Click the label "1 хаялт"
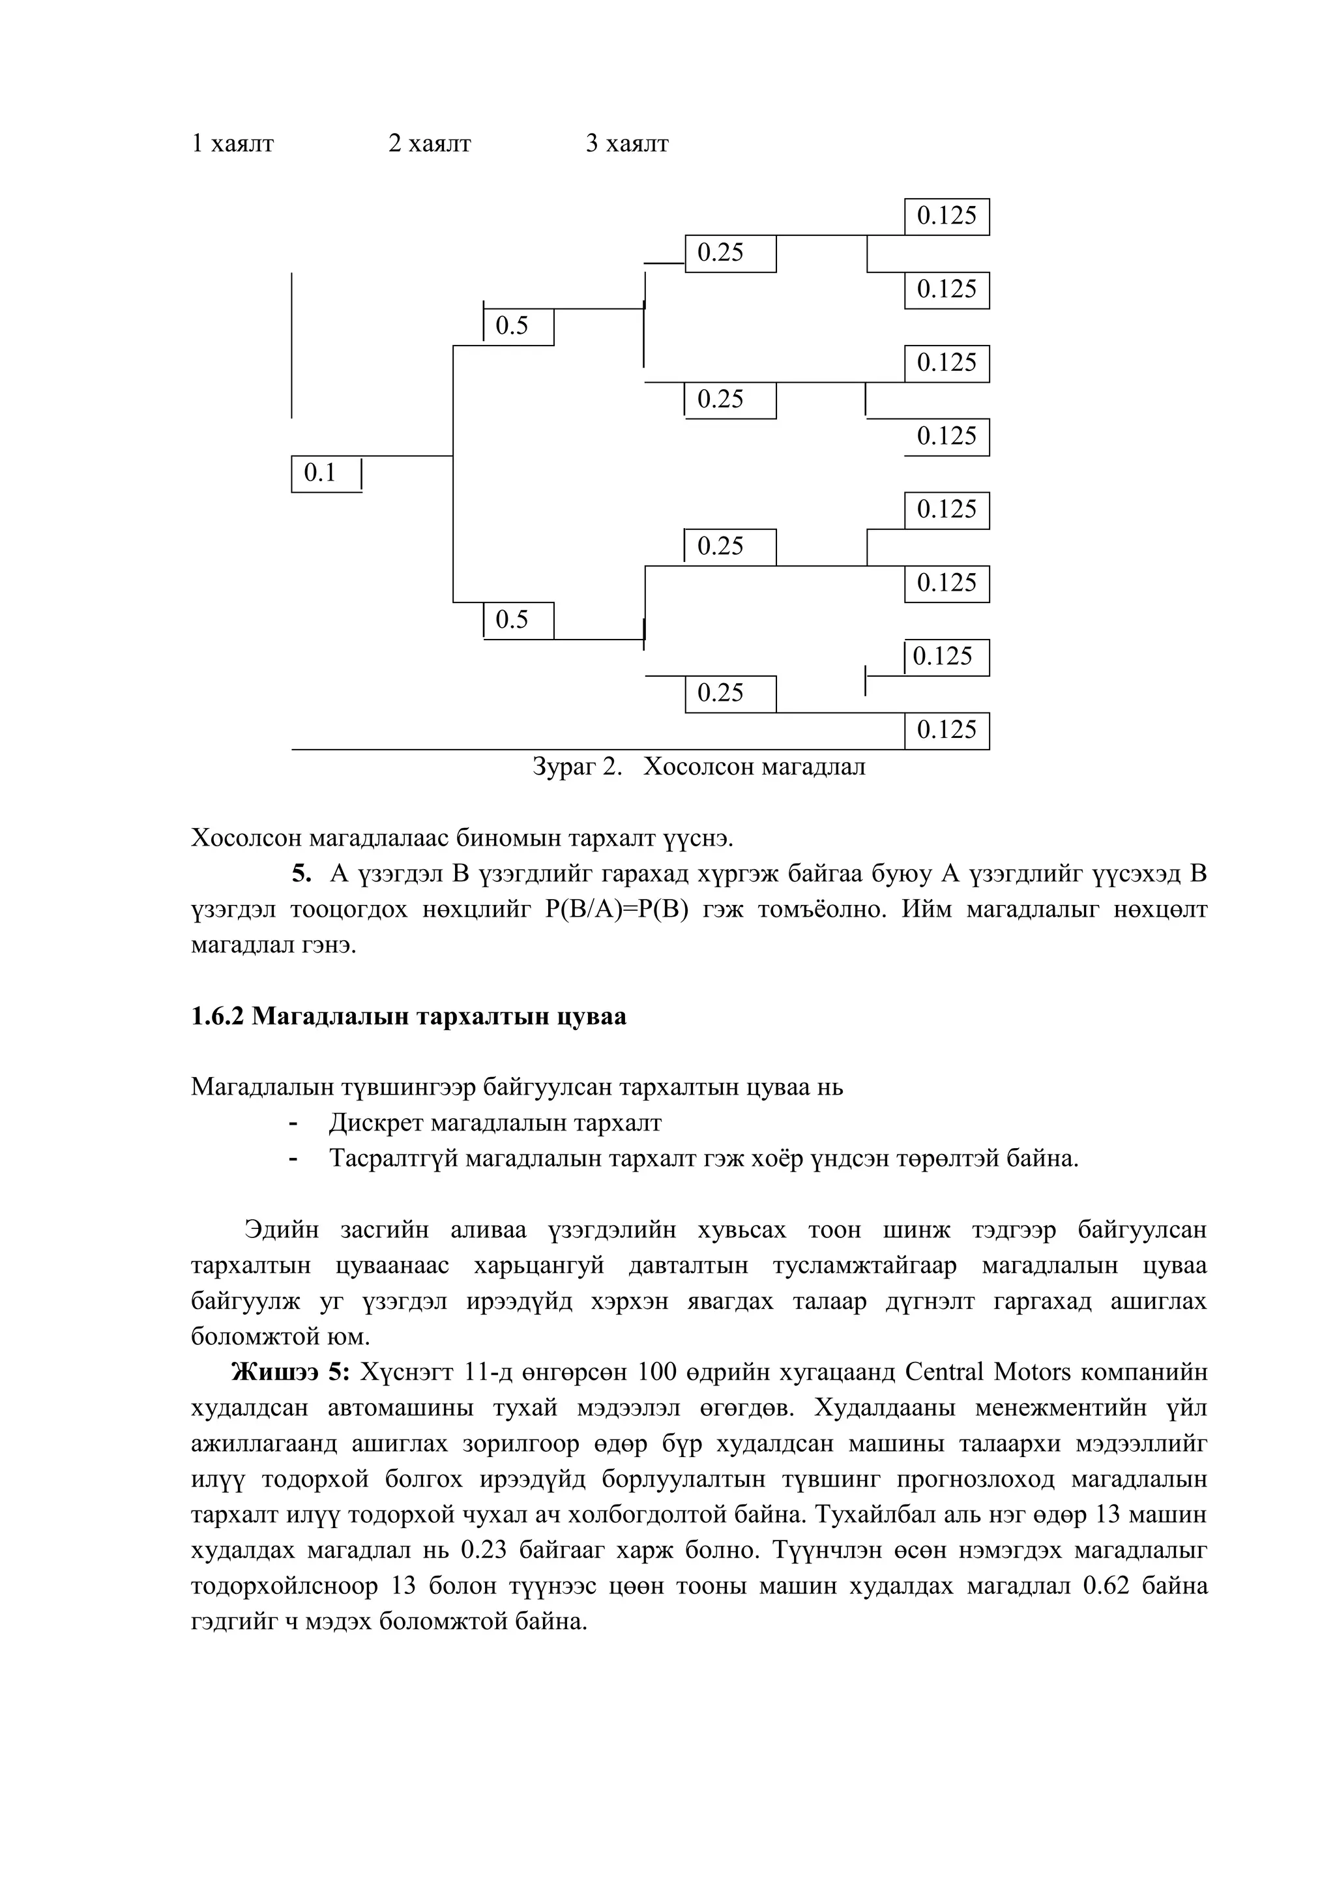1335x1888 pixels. pyautogui.click(x=232, y=144)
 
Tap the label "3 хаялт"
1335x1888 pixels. pyautogui.click(x=626, y=144)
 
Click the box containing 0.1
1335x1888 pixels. pyautogui.click(x=327, y=474)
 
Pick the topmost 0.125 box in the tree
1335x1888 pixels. pyautogui.click(x=946, y=216)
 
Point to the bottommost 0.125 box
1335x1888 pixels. pyautogui.click(x=946, y=730)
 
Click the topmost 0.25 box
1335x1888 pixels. pyautogui.click(x=730, y=253)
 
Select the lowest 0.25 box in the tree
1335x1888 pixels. pyautogui.click(x=730, y=693)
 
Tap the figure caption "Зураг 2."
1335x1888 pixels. pyautogui.click(x=577, y=767)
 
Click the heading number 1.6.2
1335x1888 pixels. pyautogui.click(x=218, y=1016)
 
